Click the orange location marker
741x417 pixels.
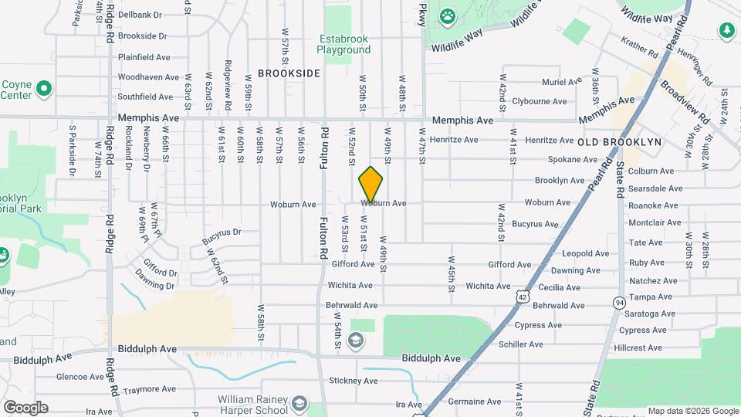click(370, 185)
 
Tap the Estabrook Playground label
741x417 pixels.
click(343, 44)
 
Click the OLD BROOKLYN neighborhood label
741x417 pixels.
click(620, 142)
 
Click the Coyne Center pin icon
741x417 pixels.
click(44, 88)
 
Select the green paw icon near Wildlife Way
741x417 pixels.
click(448, 15)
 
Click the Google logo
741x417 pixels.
click(25, 408)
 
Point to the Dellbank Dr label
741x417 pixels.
click(140, 15)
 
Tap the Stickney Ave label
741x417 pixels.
click(352, 381)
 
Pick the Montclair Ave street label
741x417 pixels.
click(655, 222)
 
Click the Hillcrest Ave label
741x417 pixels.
click(640, 347)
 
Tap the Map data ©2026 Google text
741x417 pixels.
click(692, 411)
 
